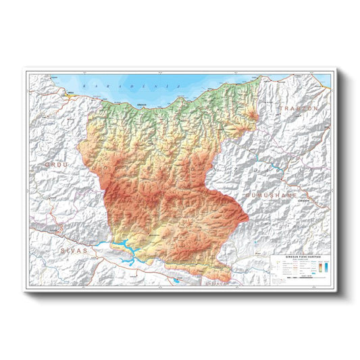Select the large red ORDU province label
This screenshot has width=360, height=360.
point(57,164)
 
